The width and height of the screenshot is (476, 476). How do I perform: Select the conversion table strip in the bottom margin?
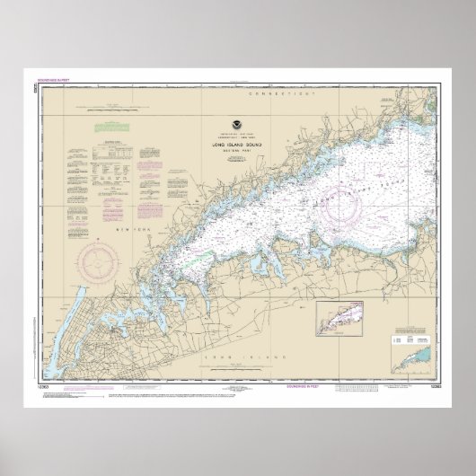pos(377,386)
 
